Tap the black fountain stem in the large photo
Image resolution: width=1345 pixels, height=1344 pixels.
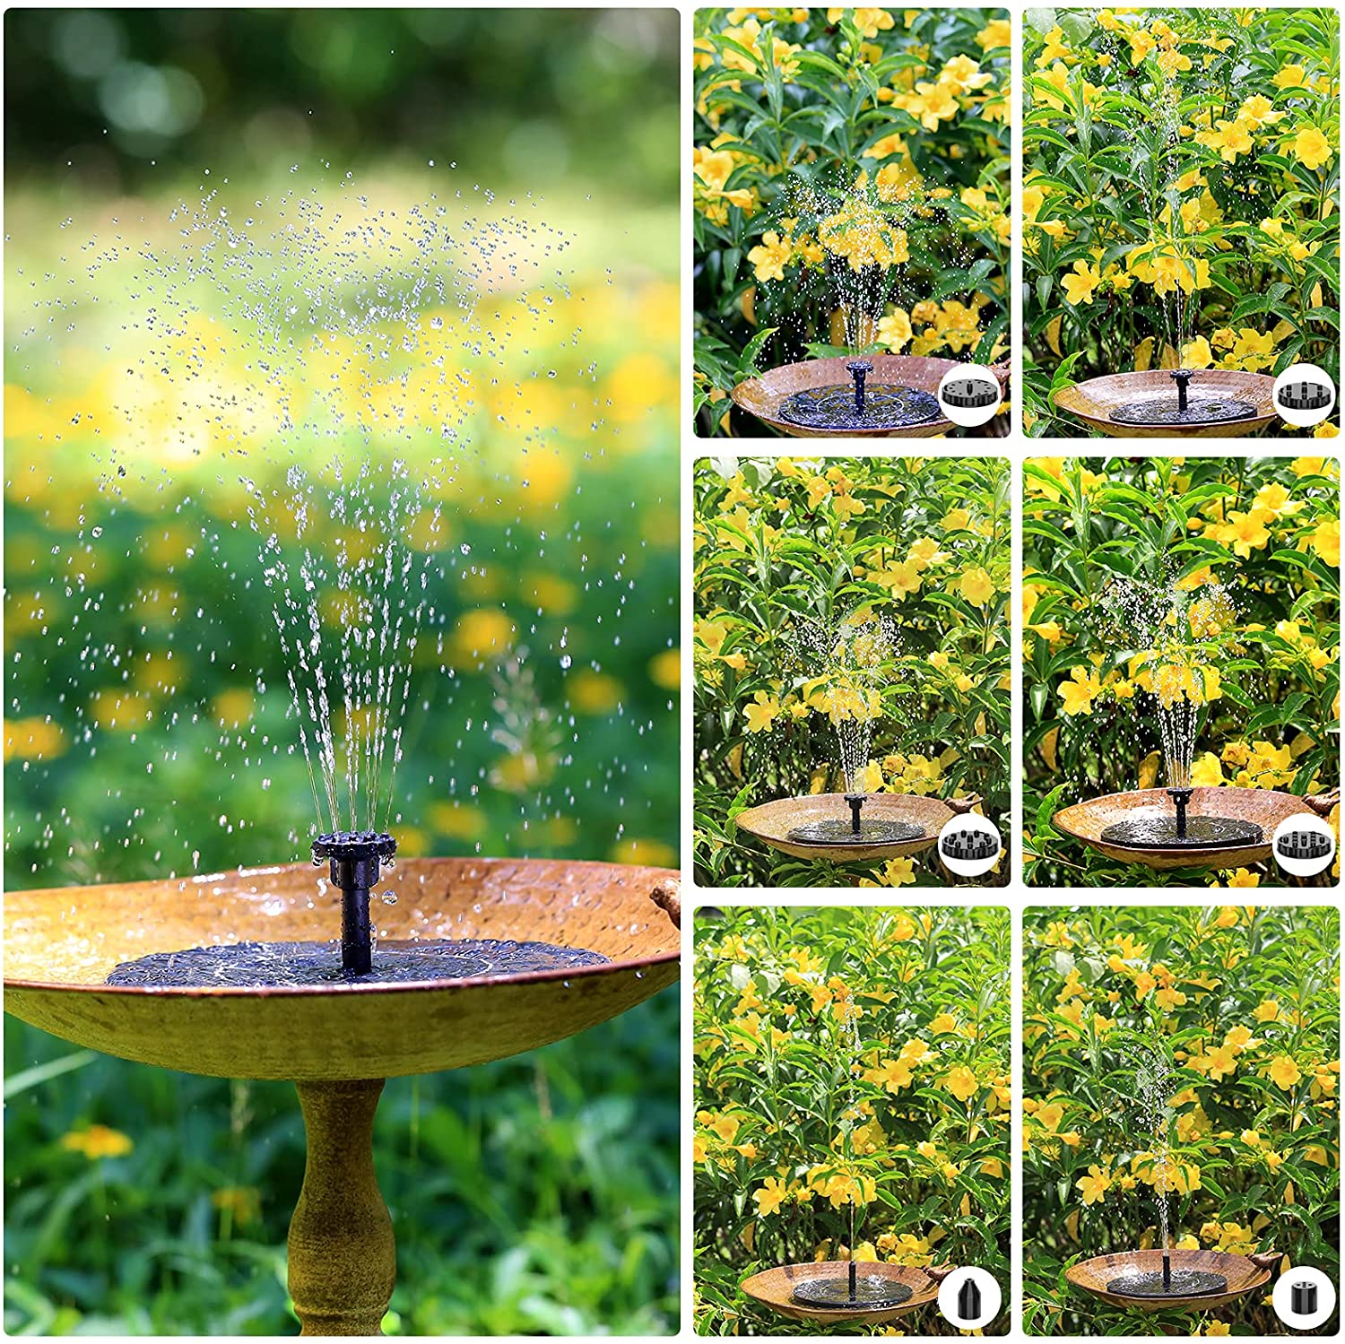click(355, 923)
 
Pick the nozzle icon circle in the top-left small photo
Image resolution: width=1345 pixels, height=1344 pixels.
click(969, 395)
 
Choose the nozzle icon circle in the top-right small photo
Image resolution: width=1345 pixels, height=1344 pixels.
click(1302, 395)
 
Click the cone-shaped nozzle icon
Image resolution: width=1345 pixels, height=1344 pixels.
click(969, 1295)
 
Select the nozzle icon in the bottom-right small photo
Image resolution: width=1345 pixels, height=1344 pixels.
click(1302, 1295)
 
